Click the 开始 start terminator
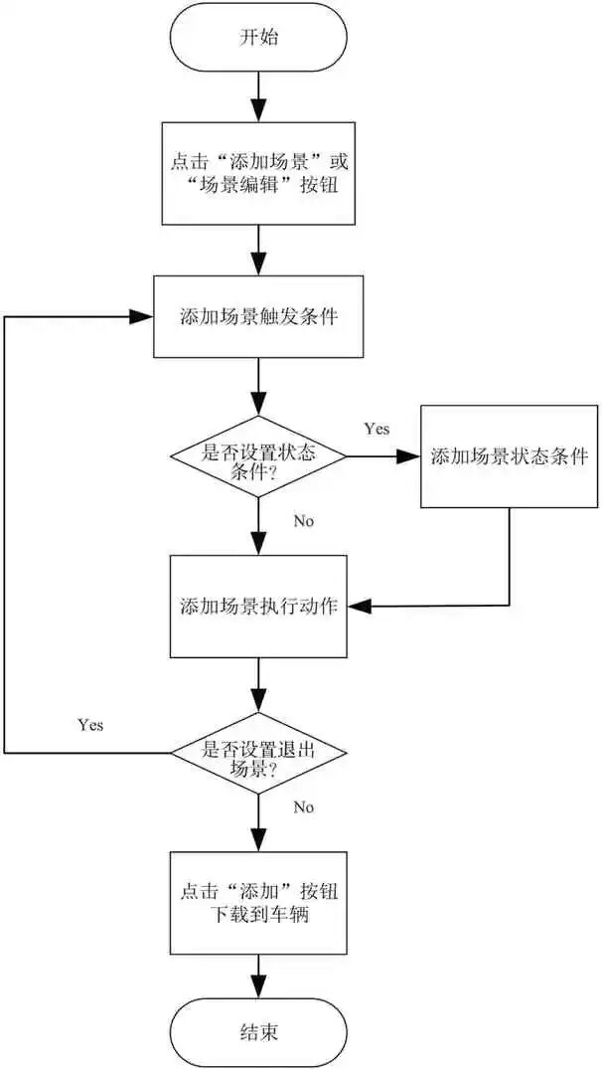click(258, 39)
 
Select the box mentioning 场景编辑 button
click(258, 173)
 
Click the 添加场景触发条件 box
click(258, 316)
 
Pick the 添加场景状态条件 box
click(509, 456)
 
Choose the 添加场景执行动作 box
click(258, 606)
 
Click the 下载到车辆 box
click(258, 903)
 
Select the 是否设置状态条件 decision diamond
click(258, 457)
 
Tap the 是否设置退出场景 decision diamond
click(258, 753)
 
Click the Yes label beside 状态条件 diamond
click(376, 429)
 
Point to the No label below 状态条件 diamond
click(304, 520)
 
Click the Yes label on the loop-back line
click(89, 724)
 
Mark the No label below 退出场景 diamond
click(304, 806)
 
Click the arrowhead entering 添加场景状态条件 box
click(410, 457)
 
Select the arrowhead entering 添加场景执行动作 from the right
click(357, 606)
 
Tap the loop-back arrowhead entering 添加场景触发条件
click(142, 316)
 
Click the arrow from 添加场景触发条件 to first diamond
click(258, 388)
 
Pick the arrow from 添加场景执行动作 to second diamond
click(258, 686)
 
